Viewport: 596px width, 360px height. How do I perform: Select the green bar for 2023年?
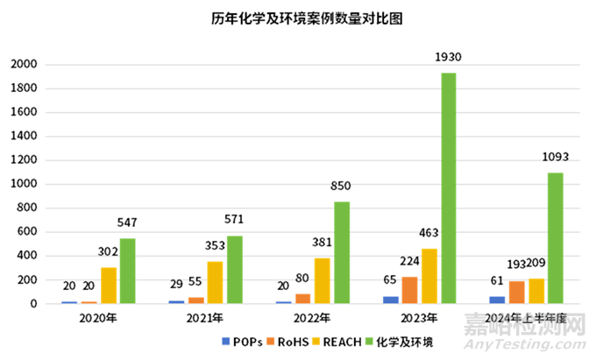(448, 188)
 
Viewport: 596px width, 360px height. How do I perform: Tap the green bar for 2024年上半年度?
(555, 238)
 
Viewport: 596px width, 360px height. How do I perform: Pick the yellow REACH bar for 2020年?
(109, 286)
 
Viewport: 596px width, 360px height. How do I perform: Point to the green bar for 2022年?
(341, 253)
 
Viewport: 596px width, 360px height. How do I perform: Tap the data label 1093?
(555, 157)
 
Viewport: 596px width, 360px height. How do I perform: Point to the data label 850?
(341, 187)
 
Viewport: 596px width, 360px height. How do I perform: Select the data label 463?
(429, 233)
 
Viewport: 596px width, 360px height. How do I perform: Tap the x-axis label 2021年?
(205, 318)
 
